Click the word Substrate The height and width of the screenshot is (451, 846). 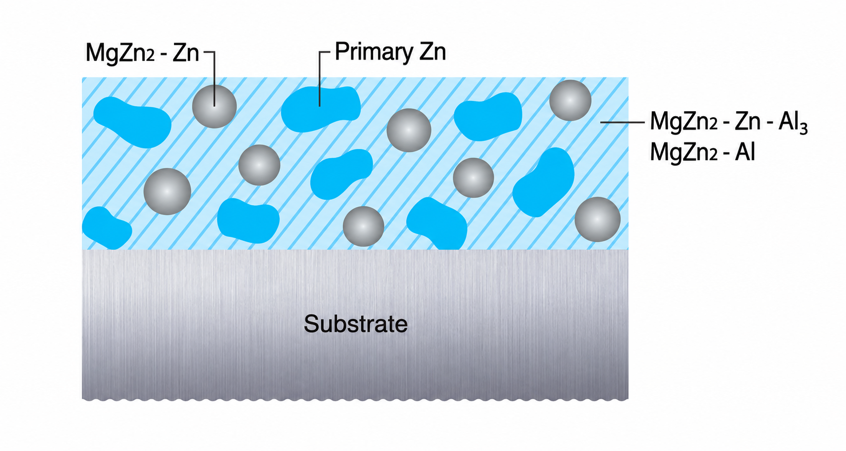click(355, 324)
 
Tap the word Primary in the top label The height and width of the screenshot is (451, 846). click(374, 52)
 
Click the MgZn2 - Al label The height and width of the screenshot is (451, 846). click(702, 153)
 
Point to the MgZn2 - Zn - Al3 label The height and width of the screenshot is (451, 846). click(729, 122)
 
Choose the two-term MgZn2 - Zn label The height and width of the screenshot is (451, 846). click(142, 53)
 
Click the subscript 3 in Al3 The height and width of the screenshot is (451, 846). click(804, 128)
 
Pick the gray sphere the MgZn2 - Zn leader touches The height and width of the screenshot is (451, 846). click(214, 106)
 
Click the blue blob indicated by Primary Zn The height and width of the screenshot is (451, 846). click(320, 109)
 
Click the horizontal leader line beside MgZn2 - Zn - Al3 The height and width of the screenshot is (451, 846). click(622, 122)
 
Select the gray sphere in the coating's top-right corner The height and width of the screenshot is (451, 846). click(570, 100)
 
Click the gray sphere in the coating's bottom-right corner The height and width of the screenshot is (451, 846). click(597, 219)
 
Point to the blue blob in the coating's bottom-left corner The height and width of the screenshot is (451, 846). click(106, 228)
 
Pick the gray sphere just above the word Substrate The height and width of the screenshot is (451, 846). click(363, 226)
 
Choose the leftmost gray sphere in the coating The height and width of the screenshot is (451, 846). click(167, 192)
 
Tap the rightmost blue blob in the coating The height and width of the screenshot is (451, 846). click(543, 182)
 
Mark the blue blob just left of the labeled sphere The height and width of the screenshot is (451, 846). click(132, 122)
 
